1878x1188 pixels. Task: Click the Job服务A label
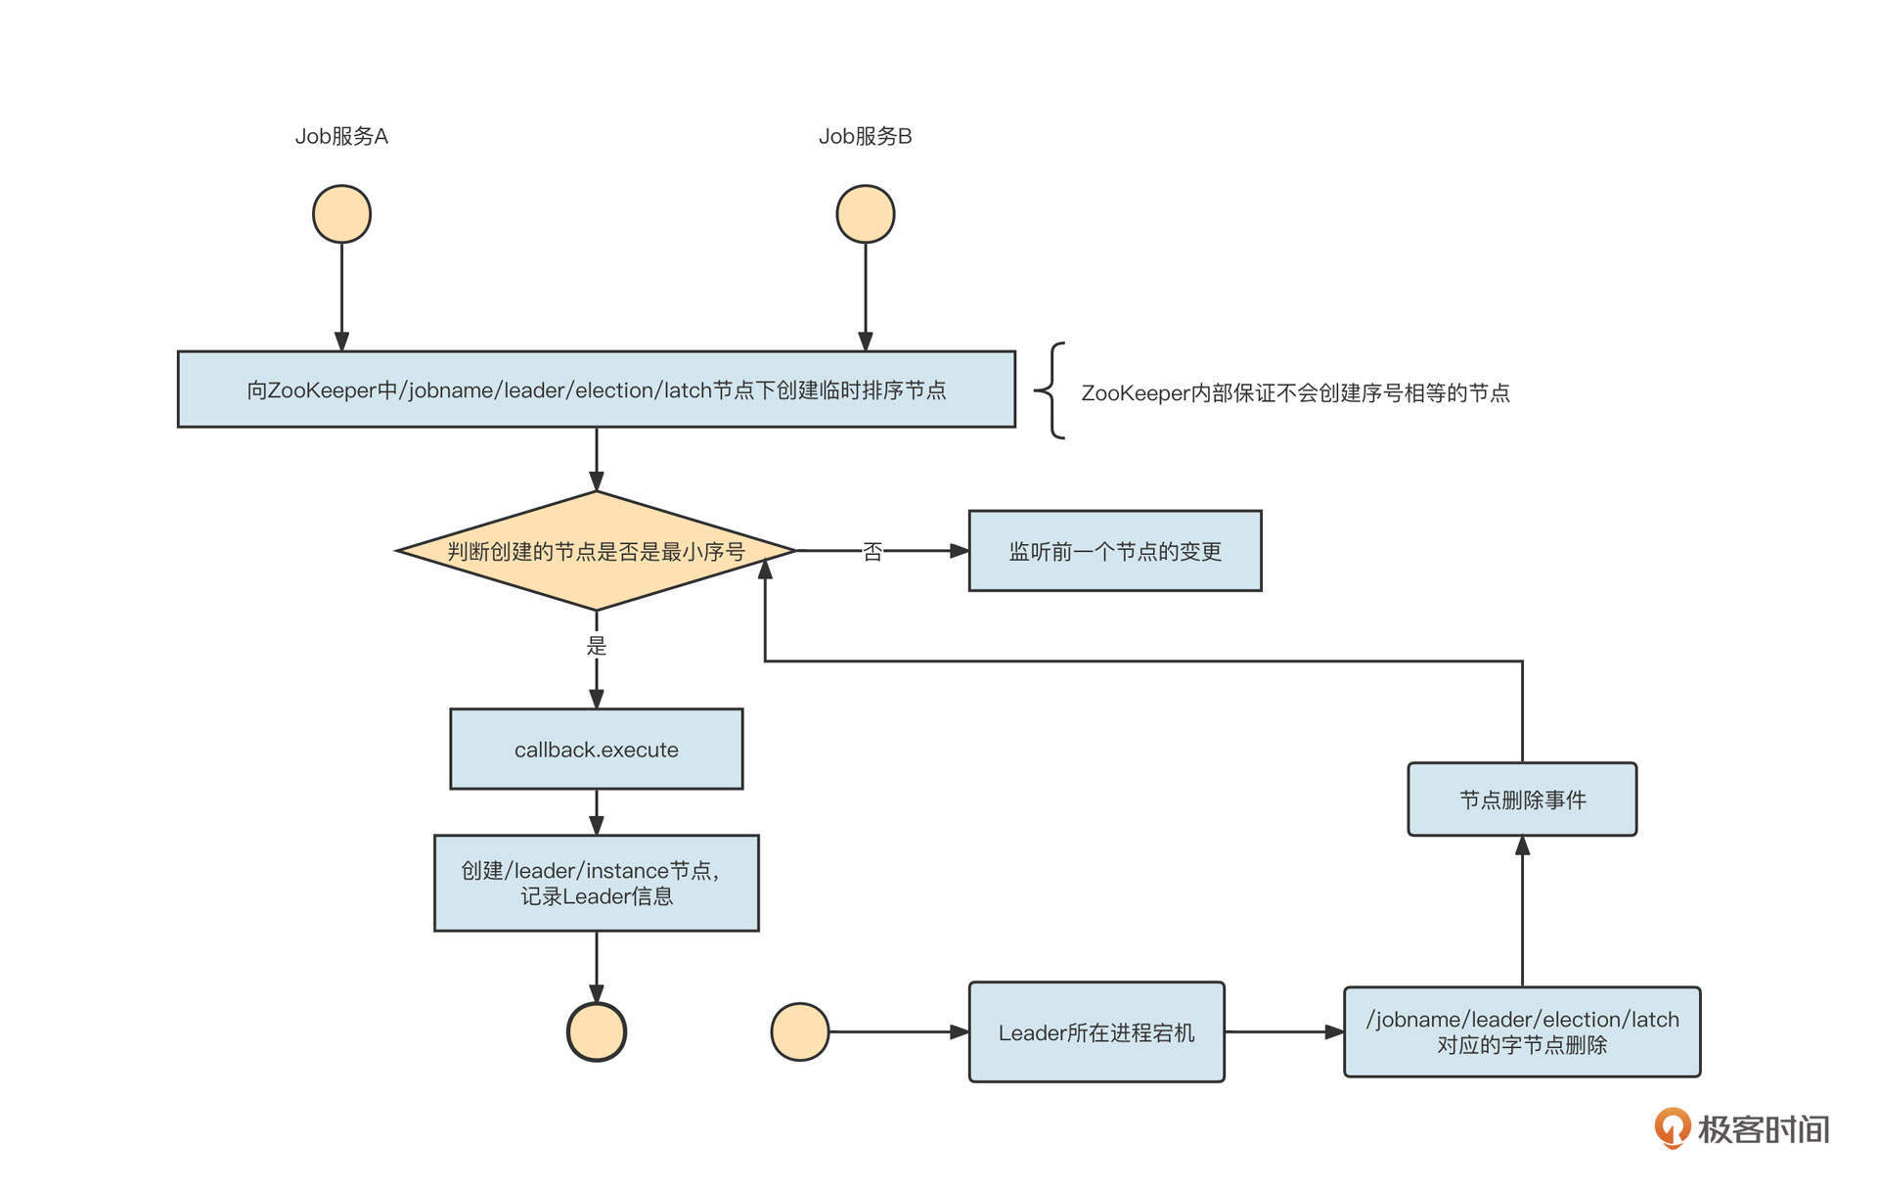[x=341, y=136]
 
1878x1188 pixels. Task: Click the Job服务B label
[x=865, y=136]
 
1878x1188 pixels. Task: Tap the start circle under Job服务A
[x=341, y=214]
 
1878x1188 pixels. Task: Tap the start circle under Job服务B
[x=865, y=214]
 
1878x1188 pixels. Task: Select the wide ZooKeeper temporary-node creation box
[x=596, y=389]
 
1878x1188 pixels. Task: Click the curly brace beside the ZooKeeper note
[x=1051, y=390]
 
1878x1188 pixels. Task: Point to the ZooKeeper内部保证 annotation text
[x=1295, y=393]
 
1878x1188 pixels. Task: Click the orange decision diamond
[x=596, y=551]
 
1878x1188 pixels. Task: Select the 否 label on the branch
[x=872, y=552]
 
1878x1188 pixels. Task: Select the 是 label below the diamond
[x=597, y=646]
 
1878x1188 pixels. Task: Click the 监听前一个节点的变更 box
[x=1115, y=551]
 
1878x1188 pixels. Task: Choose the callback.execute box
[x=596, y=750]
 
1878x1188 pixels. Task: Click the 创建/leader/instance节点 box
[x=596, y=883]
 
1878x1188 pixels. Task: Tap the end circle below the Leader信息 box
[x=597, y=1031]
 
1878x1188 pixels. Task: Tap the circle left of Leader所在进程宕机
[x=800, y=1031]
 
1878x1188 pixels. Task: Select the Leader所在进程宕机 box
[x=1096, y=1032]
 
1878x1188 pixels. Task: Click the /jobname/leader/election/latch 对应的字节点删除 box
[x=1522, y=1032]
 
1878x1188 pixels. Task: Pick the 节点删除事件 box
[x=1522, y=800]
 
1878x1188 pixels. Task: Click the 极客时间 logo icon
[x=1672, y=1127]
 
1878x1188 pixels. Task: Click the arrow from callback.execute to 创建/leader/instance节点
[x=597, y=812]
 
